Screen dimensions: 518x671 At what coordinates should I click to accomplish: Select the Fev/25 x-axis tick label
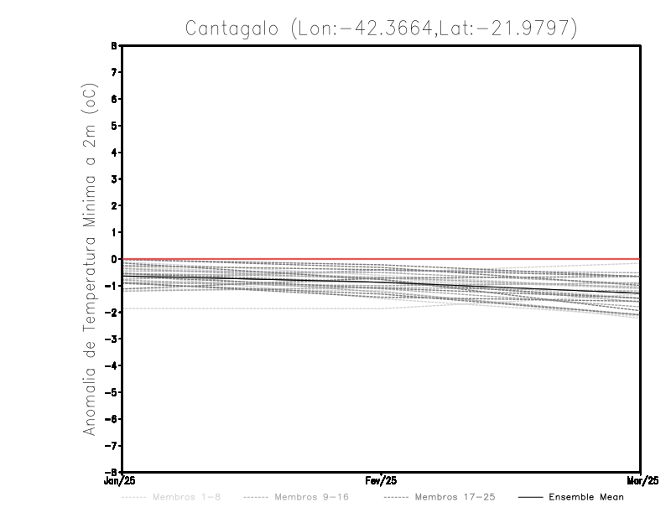(x=382, y=481)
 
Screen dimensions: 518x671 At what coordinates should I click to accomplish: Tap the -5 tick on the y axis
(x=114, y=391)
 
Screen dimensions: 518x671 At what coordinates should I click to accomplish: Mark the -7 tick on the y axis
(x=114, y=445)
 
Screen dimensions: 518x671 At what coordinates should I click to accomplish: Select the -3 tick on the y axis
(x=114, y=339)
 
